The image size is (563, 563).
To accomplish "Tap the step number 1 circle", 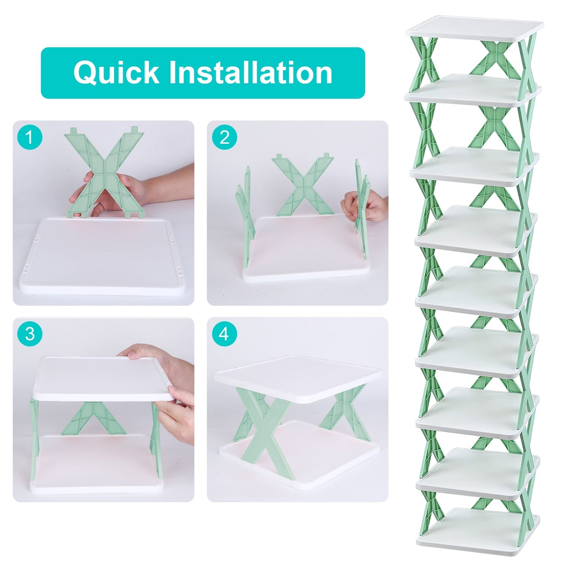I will (30, 137).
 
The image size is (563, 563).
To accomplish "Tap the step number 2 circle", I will (224, 137).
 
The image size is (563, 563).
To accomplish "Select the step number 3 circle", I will (30, 334).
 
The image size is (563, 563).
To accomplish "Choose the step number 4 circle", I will (224, 334).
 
